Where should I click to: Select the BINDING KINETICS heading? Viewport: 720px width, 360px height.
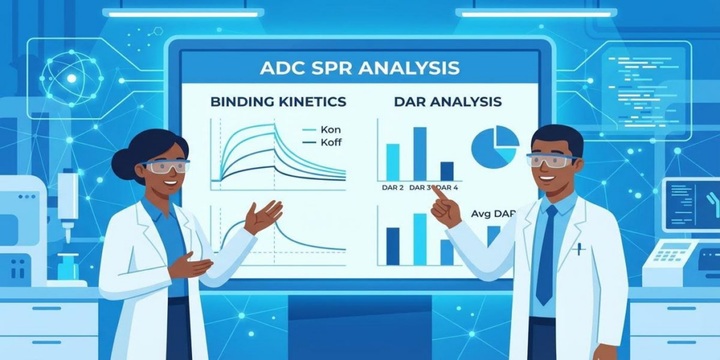coord(278,102)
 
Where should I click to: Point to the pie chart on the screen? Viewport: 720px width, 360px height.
coord(494,147)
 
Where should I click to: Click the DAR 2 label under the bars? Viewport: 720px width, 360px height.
coord(392,188)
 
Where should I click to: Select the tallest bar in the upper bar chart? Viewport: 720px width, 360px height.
coord(420,153)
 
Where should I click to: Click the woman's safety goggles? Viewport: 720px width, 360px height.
coord(166,167)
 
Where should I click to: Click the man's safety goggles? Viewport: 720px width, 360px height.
coord(549,160)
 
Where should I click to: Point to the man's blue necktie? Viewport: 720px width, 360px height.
coord(546,253)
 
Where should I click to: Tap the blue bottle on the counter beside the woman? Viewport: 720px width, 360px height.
coord(68,266)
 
